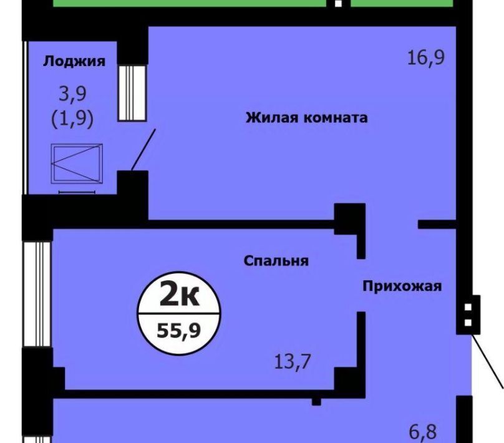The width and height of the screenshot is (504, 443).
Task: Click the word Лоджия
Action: point(74,61)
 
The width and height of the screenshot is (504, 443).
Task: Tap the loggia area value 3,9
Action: point(72,94)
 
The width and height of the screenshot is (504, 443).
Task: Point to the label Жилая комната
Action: point(307,118)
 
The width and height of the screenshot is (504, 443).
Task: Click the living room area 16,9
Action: point(426,58)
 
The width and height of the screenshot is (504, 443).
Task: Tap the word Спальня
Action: point(276,261)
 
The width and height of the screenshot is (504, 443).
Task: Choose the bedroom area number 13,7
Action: point(292,362)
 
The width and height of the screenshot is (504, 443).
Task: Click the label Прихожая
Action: point(402,286)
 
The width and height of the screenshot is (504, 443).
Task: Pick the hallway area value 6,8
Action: point(423,432)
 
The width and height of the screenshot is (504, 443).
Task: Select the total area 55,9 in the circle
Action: point(179,330)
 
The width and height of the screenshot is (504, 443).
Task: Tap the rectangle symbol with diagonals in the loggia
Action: point(77,163)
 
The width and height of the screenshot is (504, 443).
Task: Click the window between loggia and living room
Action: point(132,92)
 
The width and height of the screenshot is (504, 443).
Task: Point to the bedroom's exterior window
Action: point(37,294)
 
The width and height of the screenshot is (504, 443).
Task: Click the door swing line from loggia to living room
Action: point(143,150)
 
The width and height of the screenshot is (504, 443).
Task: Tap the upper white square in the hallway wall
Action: point(468,307)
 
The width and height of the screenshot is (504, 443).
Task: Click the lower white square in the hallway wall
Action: point(468,323)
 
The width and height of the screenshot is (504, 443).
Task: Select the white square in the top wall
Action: point(338,4)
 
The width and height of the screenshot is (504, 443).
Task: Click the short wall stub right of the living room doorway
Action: point(437,225)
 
